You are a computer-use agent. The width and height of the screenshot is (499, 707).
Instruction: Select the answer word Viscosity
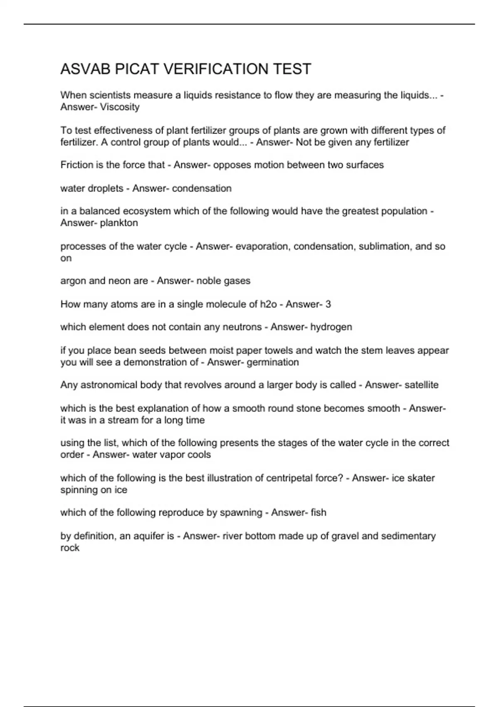click(120, 107)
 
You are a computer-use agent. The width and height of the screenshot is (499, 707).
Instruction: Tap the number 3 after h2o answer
click(329, 304)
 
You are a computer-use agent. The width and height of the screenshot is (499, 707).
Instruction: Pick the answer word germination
click(273, 362)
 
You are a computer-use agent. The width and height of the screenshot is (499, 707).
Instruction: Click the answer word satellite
click(421, 385)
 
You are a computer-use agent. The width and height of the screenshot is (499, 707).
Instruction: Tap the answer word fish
click(318, 512)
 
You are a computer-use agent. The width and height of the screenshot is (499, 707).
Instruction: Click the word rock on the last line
click(70, 548)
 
